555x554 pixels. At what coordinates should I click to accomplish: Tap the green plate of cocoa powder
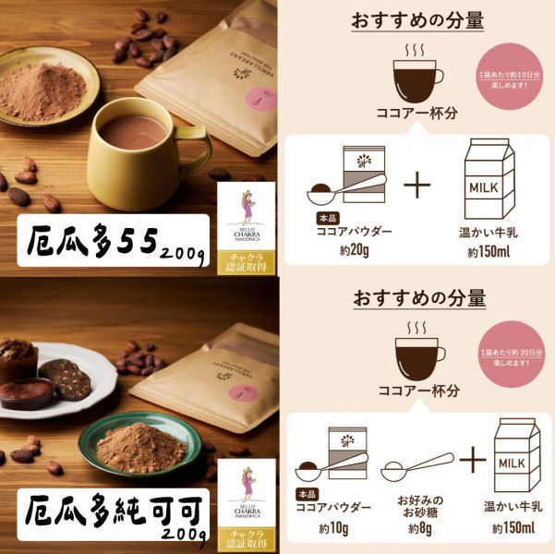136,445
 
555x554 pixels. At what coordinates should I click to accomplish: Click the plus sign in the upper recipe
417,185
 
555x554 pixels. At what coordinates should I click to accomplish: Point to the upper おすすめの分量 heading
417,20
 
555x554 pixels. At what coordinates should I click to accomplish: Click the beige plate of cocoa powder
49,86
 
